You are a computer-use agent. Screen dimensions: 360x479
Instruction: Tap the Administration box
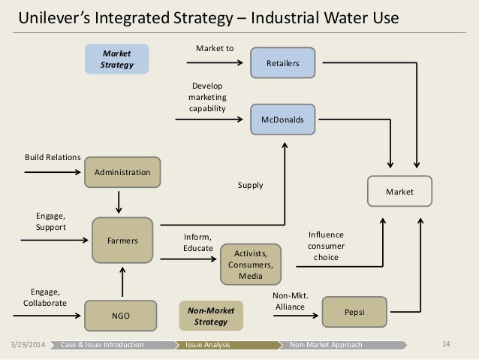pos(122,172)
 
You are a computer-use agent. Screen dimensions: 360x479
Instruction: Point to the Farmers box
pos(122,241)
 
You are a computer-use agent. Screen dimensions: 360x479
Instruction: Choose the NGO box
pos(122,316)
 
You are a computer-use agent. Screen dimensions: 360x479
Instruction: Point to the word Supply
pos(250,185)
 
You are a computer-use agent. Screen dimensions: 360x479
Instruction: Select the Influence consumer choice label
pos(327,246)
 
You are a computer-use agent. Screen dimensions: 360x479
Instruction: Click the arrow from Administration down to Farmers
pos(121,201)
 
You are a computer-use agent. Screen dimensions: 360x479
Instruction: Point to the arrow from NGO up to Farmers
pos(121,281)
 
